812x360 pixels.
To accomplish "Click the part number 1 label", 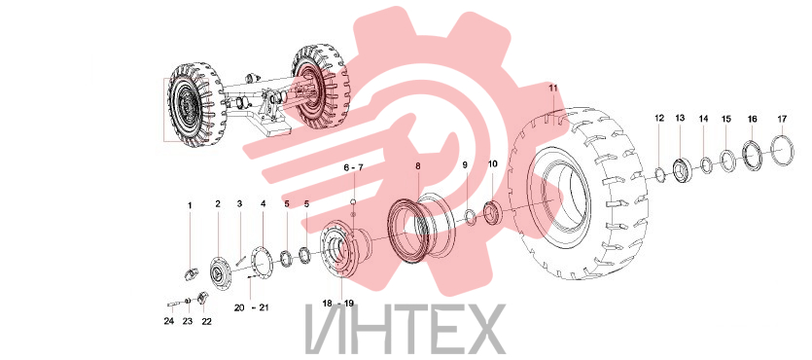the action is coord(190,205).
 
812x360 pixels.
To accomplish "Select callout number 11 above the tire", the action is coord(553,89).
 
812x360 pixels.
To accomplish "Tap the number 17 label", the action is coord(782,119).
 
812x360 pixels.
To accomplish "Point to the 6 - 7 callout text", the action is coord(354,167).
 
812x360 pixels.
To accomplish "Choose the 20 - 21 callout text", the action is coord(251,307).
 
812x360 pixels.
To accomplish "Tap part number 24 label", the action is coord(169,321).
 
